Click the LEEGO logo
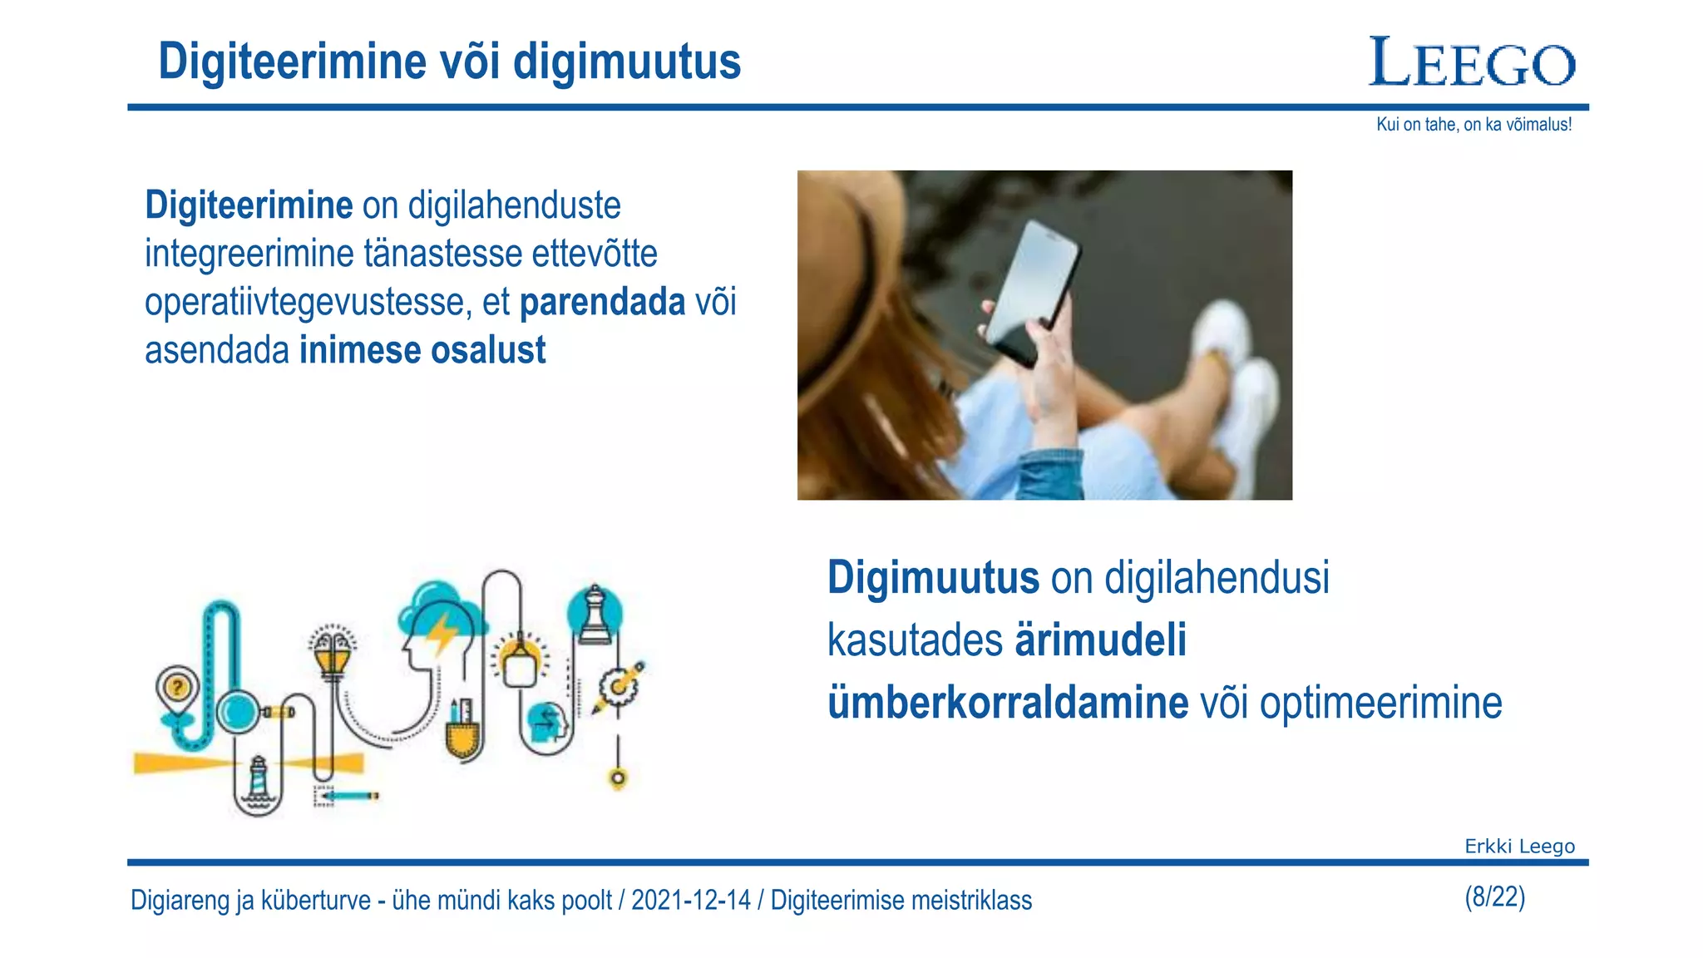tap(1472, 62)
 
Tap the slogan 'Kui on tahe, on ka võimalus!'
tap(1473, 125)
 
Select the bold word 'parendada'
tap(602, 302)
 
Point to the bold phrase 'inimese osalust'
tap(422, 350)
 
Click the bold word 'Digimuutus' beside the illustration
tap(933, 577)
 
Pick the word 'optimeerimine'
tap(1380, 703)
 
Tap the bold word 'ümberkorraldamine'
tap(1008, 703)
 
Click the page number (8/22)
tap(1494, 896)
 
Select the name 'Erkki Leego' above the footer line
tap(1519, 846)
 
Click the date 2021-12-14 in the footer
tap(690, 900)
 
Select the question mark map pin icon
tap(177, 689)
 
